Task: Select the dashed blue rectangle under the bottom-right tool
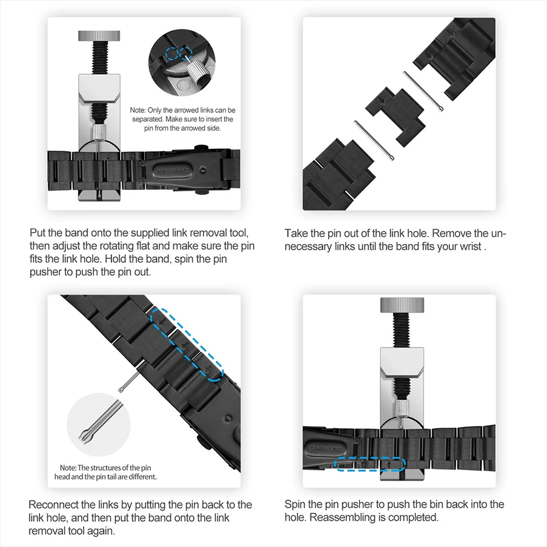coord(370,464)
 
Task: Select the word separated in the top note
coord(146,119)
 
